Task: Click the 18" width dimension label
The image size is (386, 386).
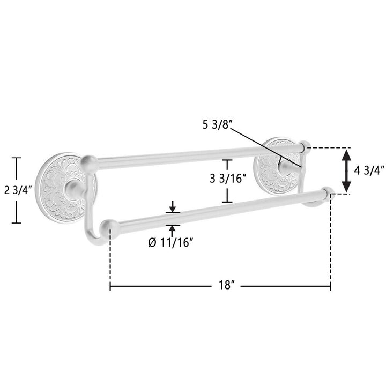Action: click(x=226, y=285)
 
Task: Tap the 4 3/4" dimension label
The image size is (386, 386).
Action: click(x=369, y=170)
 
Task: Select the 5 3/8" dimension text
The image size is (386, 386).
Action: click(x=216, y=125)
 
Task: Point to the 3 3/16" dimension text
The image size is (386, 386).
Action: click(x=228, y=179)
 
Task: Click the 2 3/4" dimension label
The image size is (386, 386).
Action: click(x=18, y=190)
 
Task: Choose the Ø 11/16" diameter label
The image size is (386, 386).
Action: click(x=170, y=243)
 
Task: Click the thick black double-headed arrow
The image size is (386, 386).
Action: click(x=347, y=170)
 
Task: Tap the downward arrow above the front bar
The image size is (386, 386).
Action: click(x=173, y=207)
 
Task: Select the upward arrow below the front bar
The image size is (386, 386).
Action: click(x=173, y=231)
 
